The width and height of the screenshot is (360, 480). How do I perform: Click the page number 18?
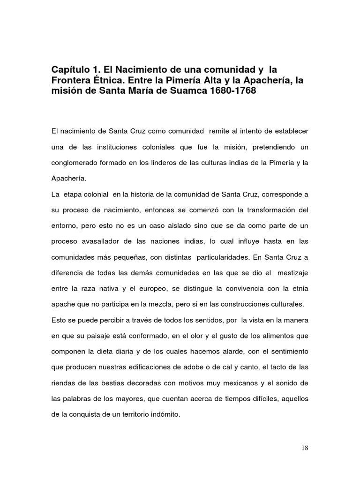[305, 448]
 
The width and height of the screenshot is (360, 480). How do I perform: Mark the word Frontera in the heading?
[70, 80]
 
